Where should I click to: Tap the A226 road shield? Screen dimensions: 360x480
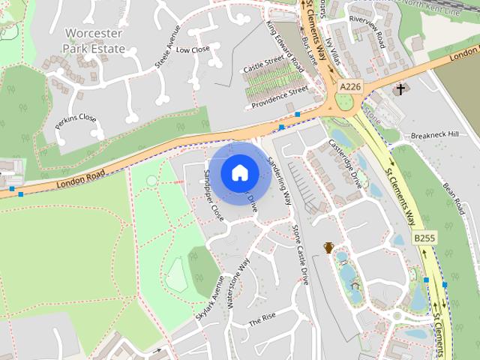tap(350, 87)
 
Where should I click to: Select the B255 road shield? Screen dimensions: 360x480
tap(424, 238)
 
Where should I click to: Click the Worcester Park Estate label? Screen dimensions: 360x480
tap(93, 40)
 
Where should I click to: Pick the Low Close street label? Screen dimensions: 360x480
tap(193, 49)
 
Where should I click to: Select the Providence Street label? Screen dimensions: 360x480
tap(280, 95)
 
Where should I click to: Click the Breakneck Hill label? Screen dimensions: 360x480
tap(434, 135)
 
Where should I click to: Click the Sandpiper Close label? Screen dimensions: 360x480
tap(214, 194)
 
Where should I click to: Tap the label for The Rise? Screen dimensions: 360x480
tap(262, 320)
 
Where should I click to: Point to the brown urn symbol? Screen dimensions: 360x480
tap(328, 247)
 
